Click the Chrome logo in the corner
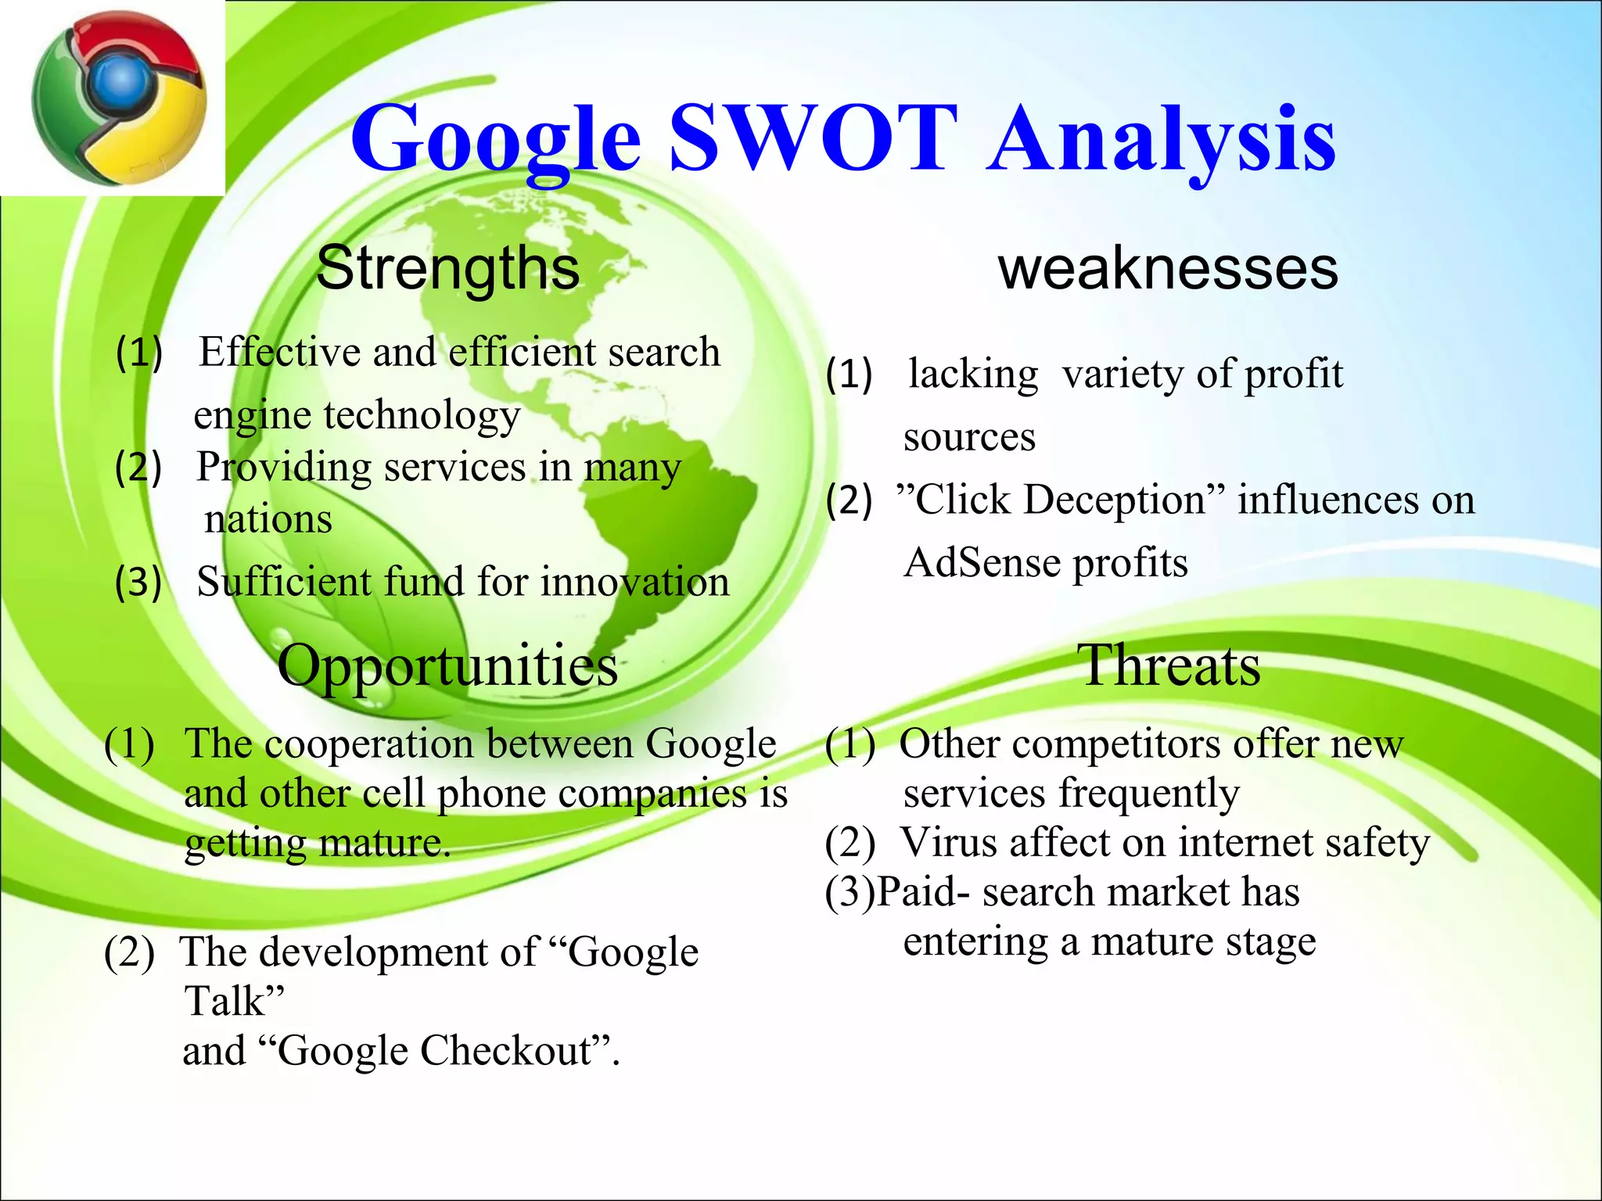tap(119, 98)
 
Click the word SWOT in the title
tap(814, 139)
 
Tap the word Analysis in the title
tap(1161, 141)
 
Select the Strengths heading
tap(447, 267)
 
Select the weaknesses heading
tap(1168, 268)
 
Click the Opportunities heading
tap(447, 665)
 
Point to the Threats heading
tap(1169, 665)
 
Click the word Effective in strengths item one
tap(278, 352)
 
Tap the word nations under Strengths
tap(268, 519)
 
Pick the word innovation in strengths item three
tap(634, 582)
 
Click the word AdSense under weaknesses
tap(982, 563)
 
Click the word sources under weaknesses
tap(969, 437)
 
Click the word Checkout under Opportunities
tap(505, 1051)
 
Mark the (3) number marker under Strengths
tap(138, 583)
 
